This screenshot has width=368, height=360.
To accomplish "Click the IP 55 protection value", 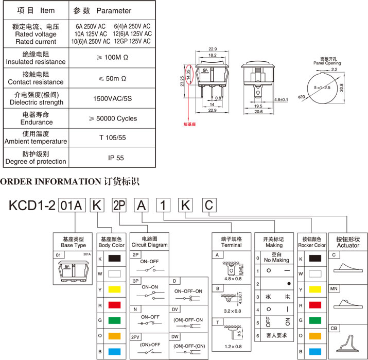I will [x=116, y=158].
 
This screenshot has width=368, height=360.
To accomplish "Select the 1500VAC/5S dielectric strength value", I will [x=116, y=98].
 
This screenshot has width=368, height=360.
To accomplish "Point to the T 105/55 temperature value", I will [x=116, y=138].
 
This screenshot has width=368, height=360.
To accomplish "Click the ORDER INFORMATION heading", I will [x=49, y=181].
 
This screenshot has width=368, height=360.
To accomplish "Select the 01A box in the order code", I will [x=72, y=205].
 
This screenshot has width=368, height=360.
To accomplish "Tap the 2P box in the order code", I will [x=119, y=205].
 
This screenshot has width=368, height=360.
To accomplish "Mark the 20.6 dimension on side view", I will [x=259, y=111].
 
